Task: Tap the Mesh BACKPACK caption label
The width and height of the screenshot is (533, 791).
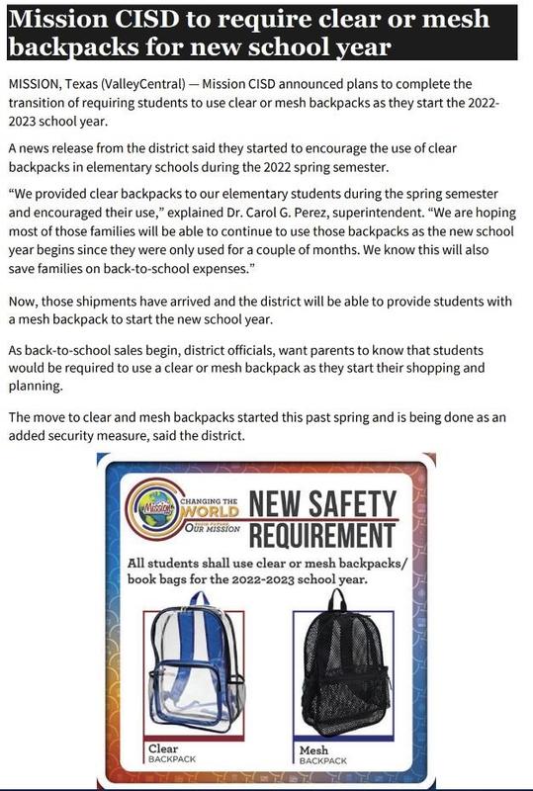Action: point(321,756)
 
